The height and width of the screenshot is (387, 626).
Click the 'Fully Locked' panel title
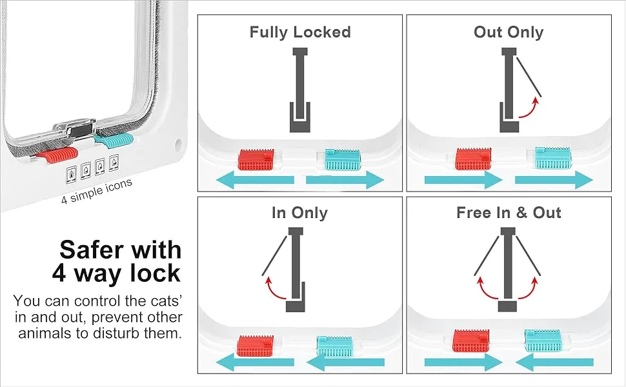coord(300,32)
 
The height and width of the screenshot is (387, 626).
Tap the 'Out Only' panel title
coord(509,32)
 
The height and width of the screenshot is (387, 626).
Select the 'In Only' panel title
coord(300,213)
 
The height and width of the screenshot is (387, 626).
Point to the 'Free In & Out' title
coord(509,213)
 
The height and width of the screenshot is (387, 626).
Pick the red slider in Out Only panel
coord(474,159)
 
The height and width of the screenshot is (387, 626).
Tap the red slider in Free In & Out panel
coord(471,340)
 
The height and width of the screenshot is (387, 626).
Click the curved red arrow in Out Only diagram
coord(531,108)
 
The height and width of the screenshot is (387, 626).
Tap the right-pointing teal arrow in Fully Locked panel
coord(345,181)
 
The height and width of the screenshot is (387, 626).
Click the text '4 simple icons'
coord(97,191)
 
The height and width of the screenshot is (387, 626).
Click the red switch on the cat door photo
coord(60,155)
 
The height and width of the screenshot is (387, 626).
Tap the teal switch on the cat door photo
coord(114,138)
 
